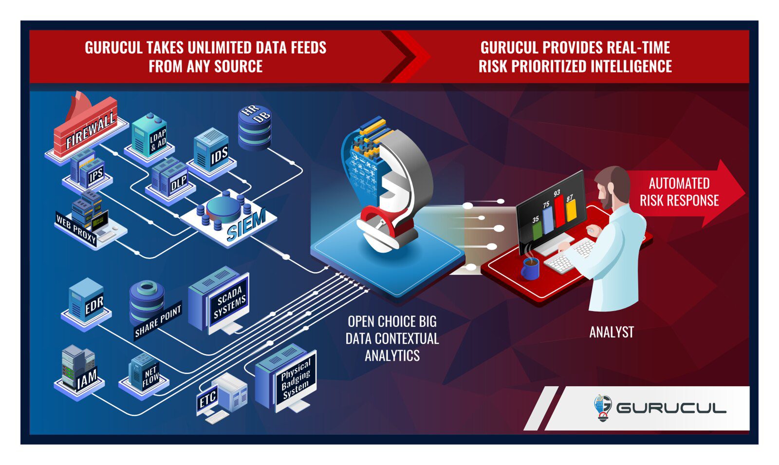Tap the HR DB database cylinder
click(x=254, y=128)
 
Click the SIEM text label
click(x=246, y=225)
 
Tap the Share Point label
click(x=158, y=321)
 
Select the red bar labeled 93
click(x=559, y=211)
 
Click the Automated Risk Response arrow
click(x=686, y=192)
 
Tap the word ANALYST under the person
click(x=612, y=332)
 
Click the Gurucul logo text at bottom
click(x=671, y=408)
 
